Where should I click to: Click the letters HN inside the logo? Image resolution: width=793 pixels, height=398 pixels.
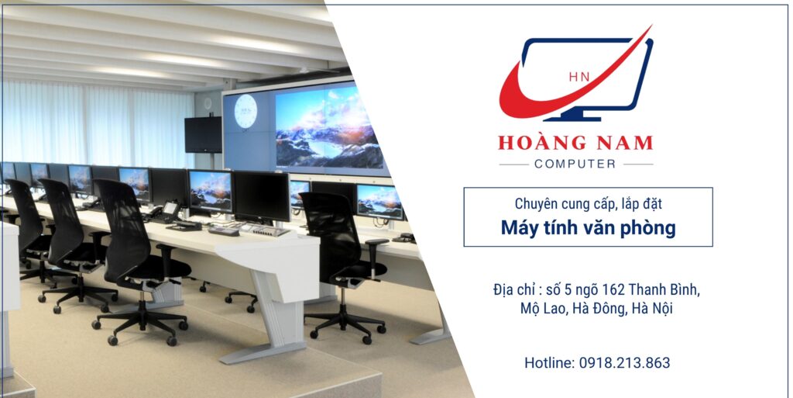[579, 77]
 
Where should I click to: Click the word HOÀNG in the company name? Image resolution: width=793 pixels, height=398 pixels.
[535, 143]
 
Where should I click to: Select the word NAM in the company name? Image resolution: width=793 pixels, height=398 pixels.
[620, 144]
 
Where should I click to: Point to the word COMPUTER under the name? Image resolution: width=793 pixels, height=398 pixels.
[575, 164]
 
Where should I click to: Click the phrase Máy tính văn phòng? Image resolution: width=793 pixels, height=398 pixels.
[589, 228]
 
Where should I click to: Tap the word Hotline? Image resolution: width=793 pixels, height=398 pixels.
[549, 362]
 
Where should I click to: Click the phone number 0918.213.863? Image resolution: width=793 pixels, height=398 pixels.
[625, 362]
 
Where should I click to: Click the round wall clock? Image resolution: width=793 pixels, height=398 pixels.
[245, 111]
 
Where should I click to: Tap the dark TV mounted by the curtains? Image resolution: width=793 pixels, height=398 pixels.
[204, 134]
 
